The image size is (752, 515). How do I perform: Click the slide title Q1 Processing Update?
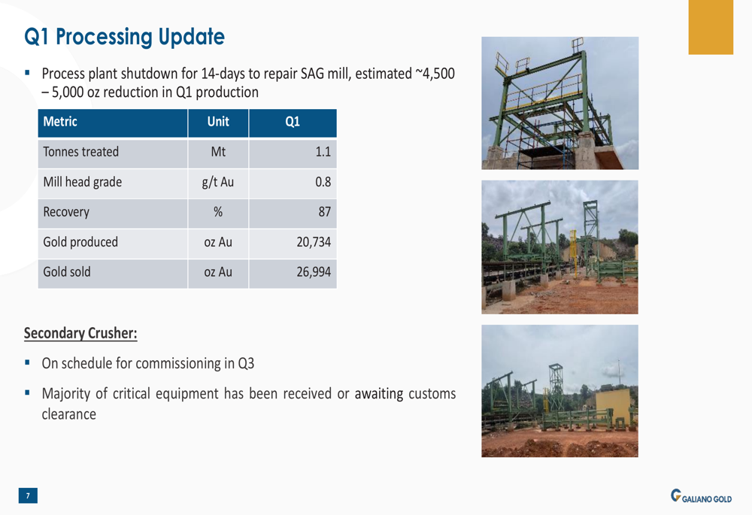click(x=124, y=37)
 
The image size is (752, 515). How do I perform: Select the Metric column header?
click(x=60, y=122)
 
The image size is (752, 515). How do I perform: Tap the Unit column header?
click(x=218, y=122)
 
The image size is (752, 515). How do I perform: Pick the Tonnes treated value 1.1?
click(x=323, y=152)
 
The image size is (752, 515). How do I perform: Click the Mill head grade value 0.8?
click(x=323, y=182)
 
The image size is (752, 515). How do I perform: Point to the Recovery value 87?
click(x=325, y=212)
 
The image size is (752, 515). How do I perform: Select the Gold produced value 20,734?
click(x=314, y=242)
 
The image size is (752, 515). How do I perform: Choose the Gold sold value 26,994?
click(x=314, y=272)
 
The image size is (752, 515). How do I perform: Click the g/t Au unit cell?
click(x=218, y=182)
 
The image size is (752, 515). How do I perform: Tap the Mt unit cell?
click(x=218, y=152)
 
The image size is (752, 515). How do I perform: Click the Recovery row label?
click(x=66, y=212)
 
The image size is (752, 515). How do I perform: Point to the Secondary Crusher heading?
click(x=80, y=333)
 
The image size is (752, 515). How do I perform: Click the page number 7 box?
click(x=28, y=495)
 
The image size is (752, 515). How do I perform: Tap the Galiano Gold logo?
click(x=701, y=496)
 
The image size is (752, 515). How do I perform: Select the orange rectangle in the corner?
click(x=711, y=27)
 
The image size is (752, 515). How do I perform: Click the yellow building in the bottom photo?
click(x=614, y=406)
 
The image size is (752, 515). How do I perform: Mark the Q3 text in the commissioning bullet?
click(x=246, y=364)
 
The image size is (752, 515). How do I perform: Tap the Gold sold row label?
click(x=67, y=272)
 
